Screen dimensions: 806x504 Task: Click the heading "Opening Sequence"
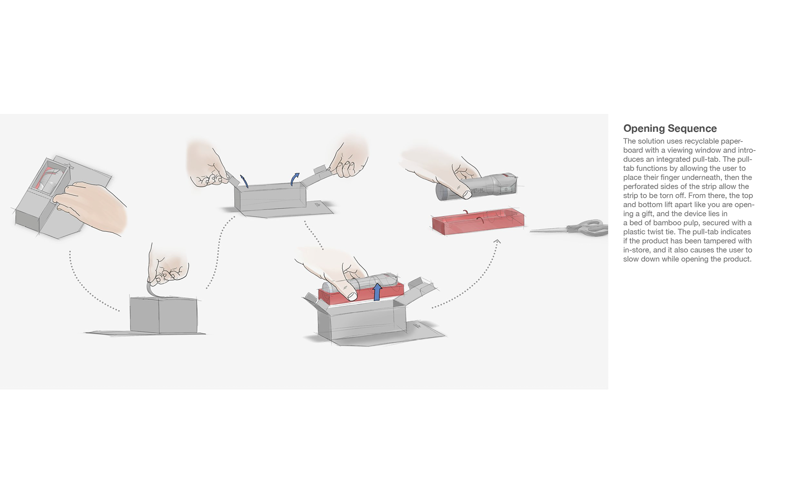coord(670,129)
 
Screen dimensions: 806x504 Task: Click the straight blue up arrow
coord(377,291)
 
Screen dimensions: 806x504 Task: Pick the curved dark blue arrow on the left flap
coord(244,181)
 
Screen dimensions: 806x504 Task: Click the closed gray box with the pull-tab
coord(163,315)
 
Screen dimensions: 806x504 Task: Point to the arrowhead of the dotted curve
coord(497,241)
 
